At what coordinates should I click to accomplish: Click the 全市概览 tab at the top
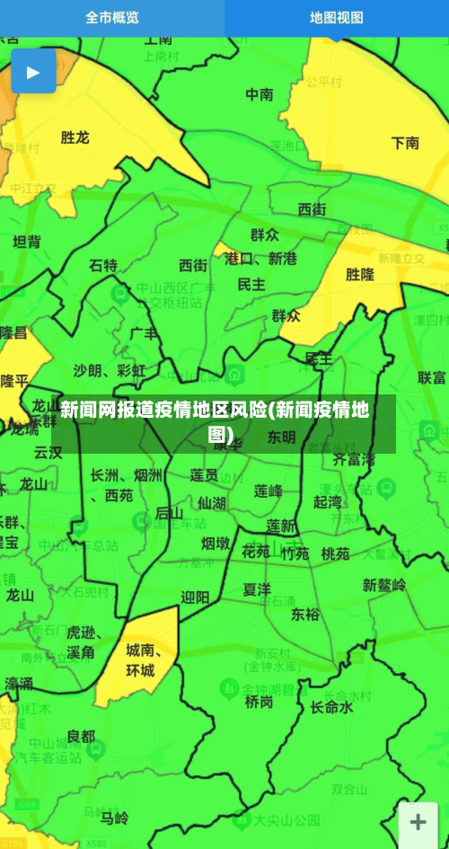pyautogui.click(x=112, y=17)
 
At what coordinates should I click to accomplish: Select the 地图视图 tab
pyautogui.click(x=337, y=17)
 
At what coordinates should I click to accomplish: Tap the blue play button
pyautogui.click(x=33, y=72)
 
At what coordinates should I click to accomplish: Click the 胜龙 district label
pyautogui.click(x=75, y=137)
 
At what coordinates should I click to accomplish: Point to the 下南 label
pyautogui.click(x=405, y=142)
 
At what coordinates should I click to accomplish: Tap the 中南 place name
pyautogui.click(x=260, y=93)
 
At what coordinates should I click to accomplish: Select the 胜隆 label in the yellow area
pyautogui.click(x=360, y=274)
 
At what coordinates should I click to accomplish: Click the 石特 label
pyautogui.click(x=103, y=265)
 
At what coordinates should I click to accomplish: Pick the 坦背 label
pyautogui.click(x=27, y=241)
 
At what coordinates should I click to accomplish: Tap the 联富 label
pyautogui.click(x=432, y=377)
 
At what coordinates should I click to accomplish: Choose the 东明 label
pyautogui.click(x=280, y=438)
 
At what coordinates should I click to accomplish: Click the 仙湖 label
pyautogui.click(x=212, y=502)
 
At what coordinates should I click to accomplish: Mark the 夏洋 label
pyautogui.click(x=257, y=589)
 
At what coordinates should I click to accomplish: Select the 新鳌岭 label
pyautogui.click(x=384, y=585)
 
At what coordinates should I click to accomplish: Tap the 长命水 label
pyautogui.click(x=331, y=707)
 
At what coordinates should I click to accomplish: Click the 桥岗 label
pyautogui.click(x=259, y=702)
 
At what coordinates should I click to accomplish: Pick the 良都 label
pyautogui.click(x=80, y=736)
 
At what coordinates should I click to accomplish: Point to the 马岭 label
pyautogui.click(x=114, y=818)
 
